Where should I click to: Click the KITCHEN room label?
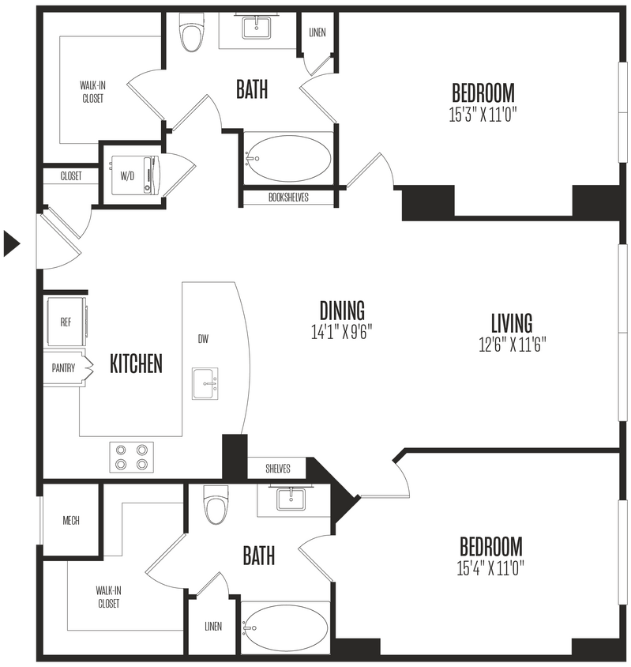tap(136, 364)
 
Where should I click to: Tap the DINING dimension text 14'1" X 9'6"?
tap(341, 332)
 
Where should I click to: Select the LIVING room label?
tap(511, 323)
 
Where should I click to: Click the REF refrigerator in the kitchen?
tap(66, 322)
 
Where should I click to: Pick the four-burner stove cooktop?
tap(132, 456)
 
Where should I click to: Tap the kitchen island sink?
tap(205, 383)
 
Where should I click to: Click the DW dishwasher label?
tap(203, 338)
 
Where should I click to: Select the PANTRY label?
tap(63, 367)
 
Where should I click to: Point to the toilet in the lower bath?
tap(216, 507)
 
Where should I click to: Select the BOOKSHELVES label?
tap(288, 198)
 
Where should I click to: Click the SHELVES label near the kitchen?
tap(277, 469)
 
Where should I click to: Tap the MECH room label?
tap(70, 521)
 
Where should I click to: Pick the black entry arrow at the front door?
tap(12, 243)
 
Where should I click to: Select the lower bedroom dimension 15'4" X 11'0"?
tap(490, 567)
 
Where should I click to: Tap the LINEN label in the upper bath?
tap(317, 32)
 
